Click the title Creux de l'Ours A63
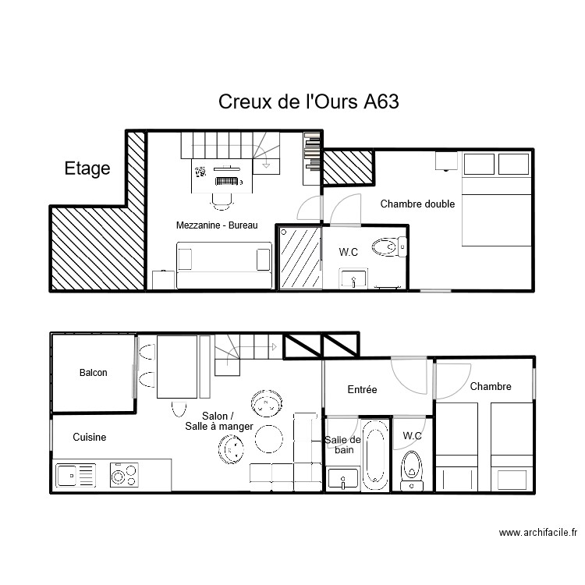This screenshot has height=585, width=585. coord(309,102)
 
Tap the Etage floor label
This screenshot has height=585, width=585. coord(87,168)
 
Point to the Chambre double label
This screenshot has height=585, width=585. coord(417,204)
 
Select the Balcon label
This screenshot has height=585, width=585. coord(94,373)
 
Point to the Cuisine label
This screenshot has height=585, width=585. coord(90,438)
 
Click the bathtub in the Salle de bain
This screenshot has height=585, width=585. coord(374,456)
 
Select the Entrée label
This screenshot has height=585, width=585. coord(362,389)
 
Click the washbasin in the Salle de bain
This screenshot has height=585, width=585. coord(342,479)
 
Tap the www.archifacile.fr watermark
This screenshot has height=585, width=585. coord(537,534)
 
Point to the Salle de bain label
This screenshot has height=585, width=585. coord(342,445)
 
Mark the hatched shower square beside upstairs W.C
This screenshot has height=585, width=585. coord(300,258)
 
